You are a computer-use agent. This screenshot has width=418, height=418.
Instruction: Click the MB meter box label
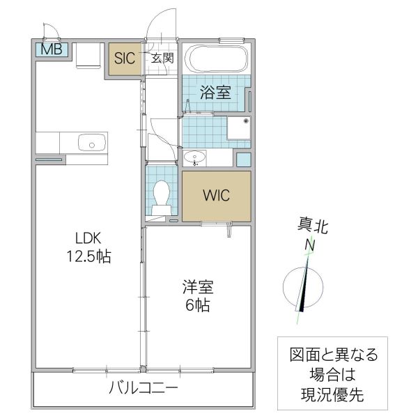click(50, 50)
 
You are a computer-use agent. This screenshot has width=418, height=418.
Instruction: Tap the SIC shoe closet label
click(125, 59)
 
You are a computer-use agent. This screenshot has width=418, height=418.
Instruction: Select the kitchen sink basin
click(90, 144)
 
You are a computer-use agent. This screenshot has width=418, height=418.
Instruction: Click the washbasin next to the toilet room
click(197, 157)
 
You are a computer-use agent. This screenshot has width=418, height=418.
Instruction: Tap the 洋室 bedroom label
click(198, 286)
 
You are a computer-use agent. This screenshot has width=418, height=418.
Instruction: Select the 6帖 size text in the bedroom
click(198, 305)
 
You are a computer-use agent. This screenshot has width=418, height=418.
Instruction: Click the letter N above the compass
click(308, 245)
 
